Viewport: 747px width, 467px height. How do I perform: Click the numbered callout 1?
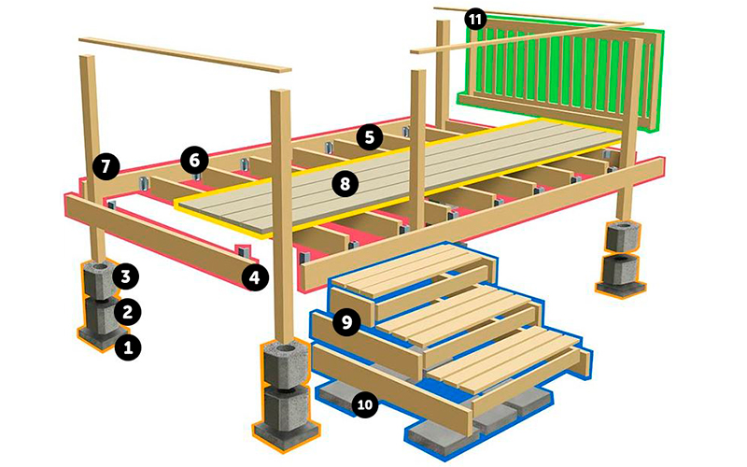[128, 347]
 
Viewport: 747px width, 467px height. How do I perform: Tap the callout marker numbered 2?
[127, 312]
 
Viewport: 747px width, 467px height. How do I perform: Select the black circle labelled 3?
[126, 276]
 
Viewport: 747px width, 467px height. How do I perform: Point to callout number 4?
[255, 277]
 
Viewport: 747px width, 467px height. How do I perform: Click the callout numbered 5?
[369, 137]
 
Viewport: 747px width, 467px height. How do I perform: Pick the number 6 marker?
[194, 160]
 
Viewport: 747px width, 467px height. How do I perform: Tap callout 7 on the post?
[106, 166]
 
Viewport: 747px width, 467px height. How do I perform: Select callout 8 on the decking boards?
[345, 183]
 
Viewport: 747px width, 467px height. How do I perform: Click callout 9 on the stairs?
[346, 322]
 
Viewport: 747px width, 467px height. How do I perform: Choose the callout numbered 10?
[365, 405]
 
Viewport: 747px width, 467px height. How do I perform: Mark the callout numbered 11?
[475, 20]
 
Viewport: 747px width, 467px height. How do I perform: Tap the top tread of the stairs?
[410, 268]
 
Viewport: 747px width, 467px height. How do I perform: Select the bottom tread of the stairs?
[510, 359]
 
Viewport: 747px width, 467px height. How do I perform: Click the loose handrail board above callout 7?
[185, 54]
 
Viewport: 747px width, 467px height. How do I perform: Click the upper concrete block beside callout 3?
[99, 279]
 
